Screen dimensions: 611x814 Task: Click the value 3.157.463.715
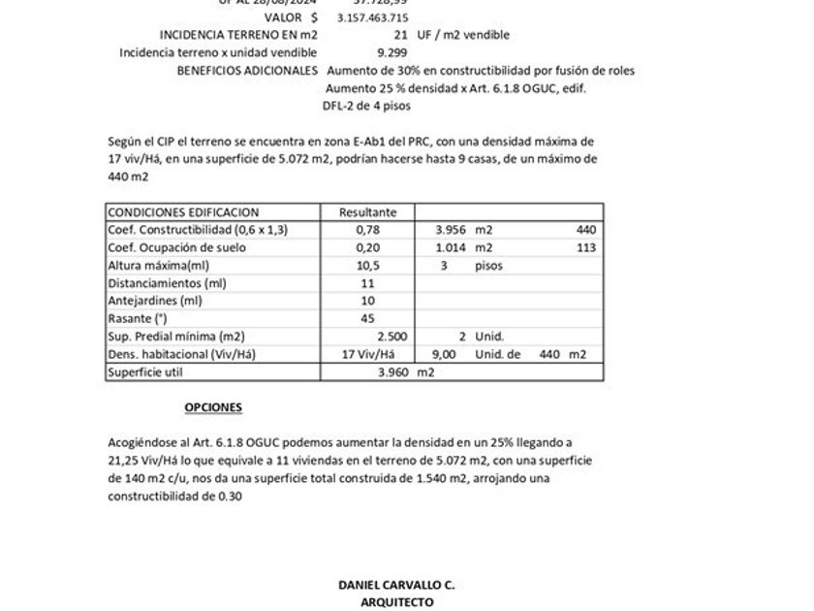pos(372,17)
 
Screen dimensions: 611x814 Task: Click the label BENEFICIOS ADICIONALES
pos(247,71)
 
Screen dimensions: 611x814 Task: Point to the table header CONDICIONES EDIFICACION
pos(183,212)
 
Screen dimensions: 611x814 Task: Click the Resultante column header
pos(366,212)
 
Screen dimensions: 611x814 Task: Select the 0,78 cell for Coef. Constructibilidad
pos(366,230)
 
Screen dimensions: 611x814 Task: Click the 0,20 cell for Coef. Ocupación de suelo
pos(366,247)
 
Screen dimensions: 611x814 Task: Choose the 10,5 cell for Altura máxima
pos(366,266)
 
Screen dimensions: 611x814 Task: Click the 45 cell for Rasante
pos(366,318)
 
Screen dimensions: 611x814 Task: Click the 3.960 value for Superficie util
pos(394,372)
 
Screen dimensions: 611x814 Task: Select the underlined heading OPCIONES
pos(213,407)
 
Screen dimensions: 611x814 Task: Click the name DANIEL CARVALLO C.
pos(396,585)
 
